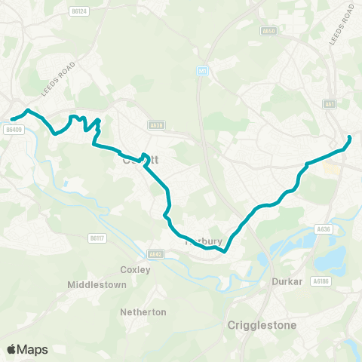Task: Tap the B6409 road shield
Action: pyautogui.click(x=14, y=129)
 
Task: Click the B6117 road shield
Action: pyautogui.click(x=95, y=238)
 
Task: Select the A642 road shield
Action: pyautogui.click(x=156, y=254)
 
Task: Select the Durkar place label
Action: pyautogui.click(x=287, y=281)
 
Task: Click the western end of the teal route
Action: pyautogui.click(x=12, y=119)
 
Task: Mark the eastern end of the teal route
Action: pyautogui.click(x=350, y=137)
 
